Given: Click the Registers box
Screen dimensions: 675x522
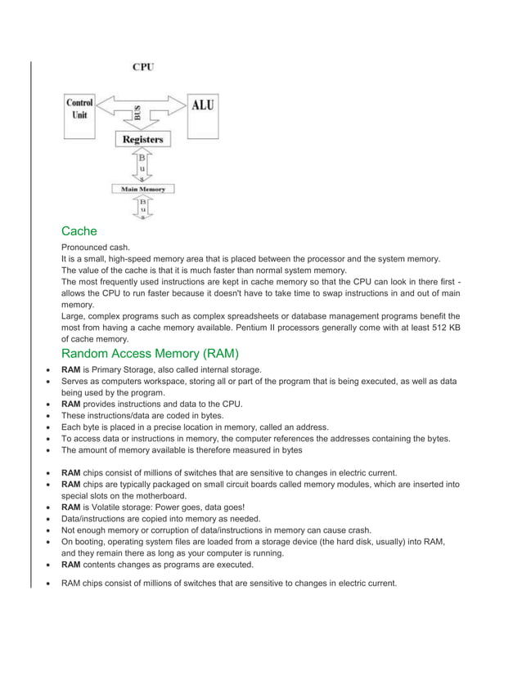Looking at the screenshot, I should pyautogui.click(x=142, y=140).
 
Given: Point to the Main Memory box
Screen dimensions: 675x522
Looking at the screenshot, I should pyautogui.click(x=143, y=189).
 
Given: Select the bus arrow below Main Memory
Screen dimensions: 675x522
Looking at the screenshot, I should pyautogui.click(x=143, y=208).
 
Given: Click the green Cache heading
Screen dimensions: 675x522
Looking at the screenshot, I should pyautogui.click(x=79, y=231).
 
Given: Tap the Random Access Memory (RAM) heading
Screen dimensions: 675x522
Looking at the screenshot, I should pyautogui.click(x=150, y=354).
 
